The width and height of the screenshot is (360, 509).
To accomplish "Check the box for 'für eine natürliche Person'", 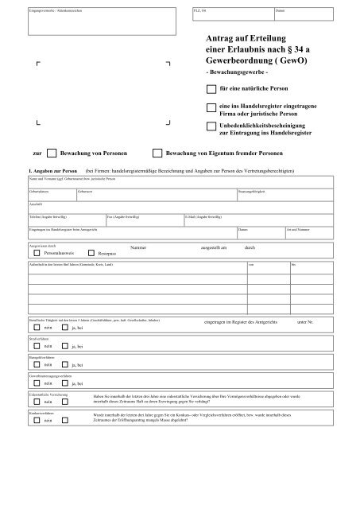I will click(211, 90).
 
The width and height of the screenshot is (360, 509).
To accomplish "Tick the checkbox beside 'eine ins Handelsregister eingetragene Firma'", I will click(211, 108).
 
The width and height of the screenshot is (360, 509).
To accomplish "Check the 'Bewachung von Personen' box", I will click(52, 151).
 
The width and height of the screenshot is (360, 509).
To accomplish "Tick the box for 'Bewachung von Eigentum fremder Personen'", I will click(157, 151).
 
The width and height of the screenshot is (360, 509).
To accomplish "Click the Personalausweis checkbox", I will click(37, 251).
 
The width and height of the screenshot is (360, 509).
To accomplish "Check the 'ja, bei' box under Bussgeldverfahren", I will click(65, 390).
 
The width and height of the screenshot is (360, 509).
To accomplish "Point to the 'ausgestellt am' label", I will click(214, 248).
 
